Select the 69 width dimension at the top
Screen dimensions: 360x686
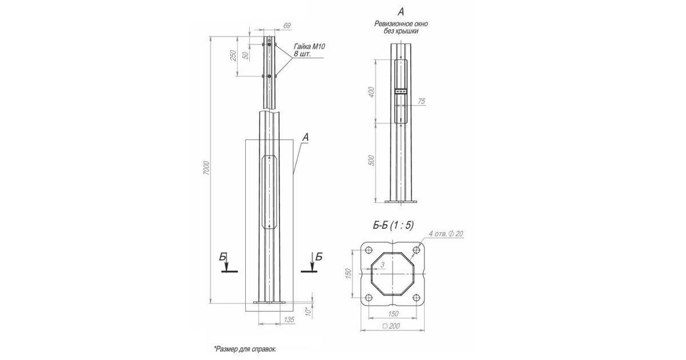pos(287,26)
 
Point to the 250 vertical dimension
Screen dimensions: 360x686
pos(233,55)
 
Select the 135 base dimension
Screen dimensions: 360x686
pos(289,321)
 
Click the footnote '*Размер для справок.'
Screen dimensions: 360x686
pos(245,348)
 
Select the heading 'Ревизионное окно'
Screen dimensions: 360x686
pos(401,24)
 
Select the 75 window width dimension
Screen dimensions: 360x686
pos(421,101)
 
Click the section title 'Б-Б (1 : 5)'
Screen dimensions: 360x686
pos(393,227)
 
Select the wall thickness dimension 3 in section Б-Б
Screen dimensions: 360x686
pos(381,264)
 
